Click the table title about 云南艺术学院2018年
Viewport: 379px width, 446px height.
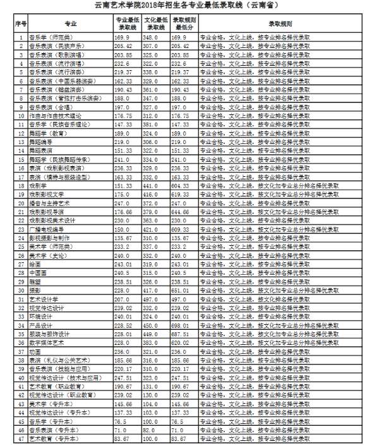pos(189,6)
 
